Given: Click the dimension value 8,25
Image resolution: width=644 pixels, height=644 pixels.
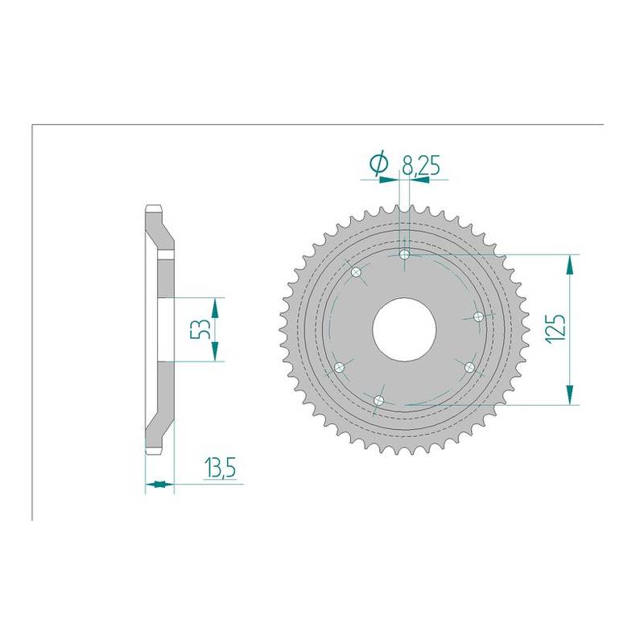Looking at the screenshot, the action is (421, 166).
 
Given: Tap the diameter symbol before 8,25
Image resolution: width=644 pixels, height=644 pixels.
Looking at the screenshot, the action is (378, 164).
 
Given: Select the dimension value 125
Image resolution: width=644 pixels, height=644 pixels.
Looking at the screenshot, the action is (556, 329).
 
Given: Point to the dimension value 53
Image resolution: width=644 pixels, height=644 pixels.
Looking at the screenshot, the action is (200, 328).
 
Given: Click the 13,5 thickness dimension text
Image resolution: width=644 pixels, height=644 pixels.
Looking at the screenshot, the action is (220, 469).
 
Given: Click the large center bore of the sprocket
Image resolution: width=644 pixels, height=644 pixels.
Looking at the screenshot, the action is (404, 329).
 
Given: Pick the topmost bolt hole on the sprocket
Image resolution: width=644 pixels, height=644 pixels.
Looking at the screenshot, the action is (405, 254).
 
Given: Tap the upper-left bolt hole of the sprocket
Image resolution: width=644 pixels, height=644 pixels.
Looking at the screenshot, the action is (356, 271).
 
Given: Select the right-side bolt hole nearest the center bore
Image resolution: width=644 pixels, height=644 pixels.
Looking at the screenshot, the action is (478, 317).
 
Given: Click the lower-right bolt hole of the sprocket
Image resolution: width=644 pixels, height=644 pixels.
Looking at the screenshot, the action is (469, 367).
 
